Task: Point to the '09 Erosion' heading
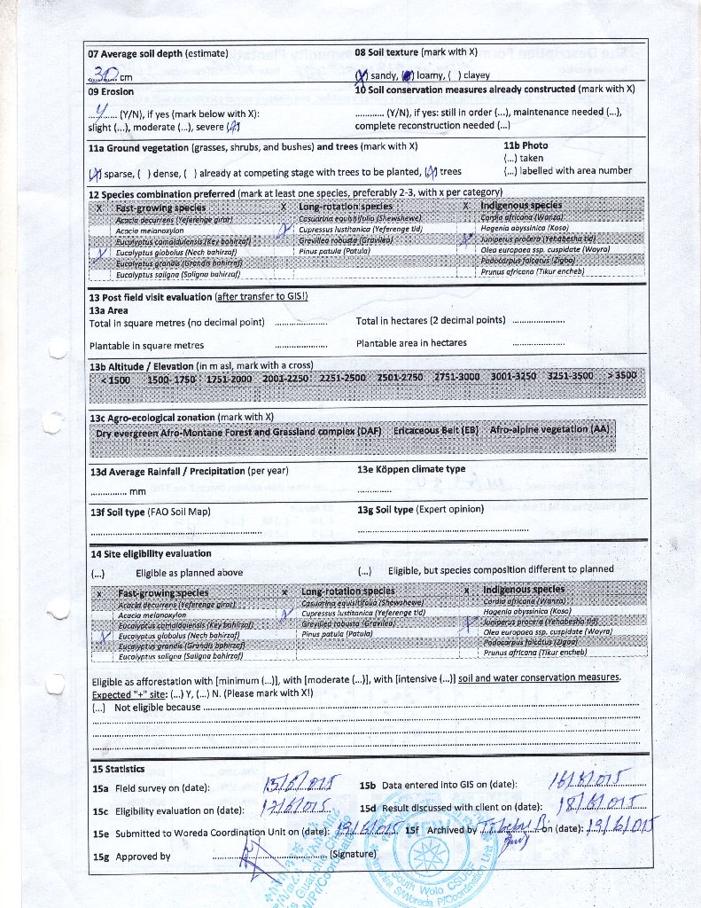(x=111, y=91)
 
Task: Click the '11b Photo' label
(x=526, y=145)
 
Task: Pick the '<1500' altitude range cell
(x=114, y=378)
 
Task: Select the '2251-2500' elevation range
(x=342, y=378)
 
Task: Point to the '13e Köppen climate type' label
(x=410, y=469)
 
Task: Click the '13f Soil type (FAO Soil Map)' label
(x=150, y=512)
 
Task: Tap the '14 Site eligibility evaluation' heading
(x=150, y=553)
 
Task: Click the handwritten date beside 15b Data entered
(x=586, y=779)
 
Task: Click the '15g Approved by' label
(x=131, y=857)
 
